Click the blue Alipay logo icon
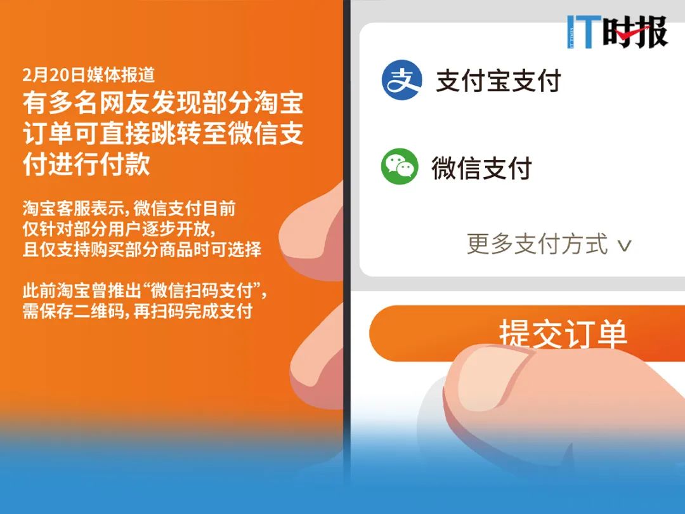401,80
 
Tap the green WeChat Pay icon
400,167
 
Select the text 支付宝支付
499,81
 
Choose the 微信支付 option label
481,168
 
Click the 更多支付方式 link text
537,244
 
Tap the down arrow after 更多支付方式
625,246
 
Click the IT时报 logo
617,32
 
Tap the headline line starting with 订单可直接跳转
163,135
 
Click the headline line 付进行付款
86,165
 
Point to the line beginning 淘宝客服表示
129,208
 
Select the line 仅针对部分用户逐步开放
120,228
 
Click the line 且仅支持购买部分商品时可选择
142,249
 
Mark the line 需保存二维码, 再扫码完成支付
138,312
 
